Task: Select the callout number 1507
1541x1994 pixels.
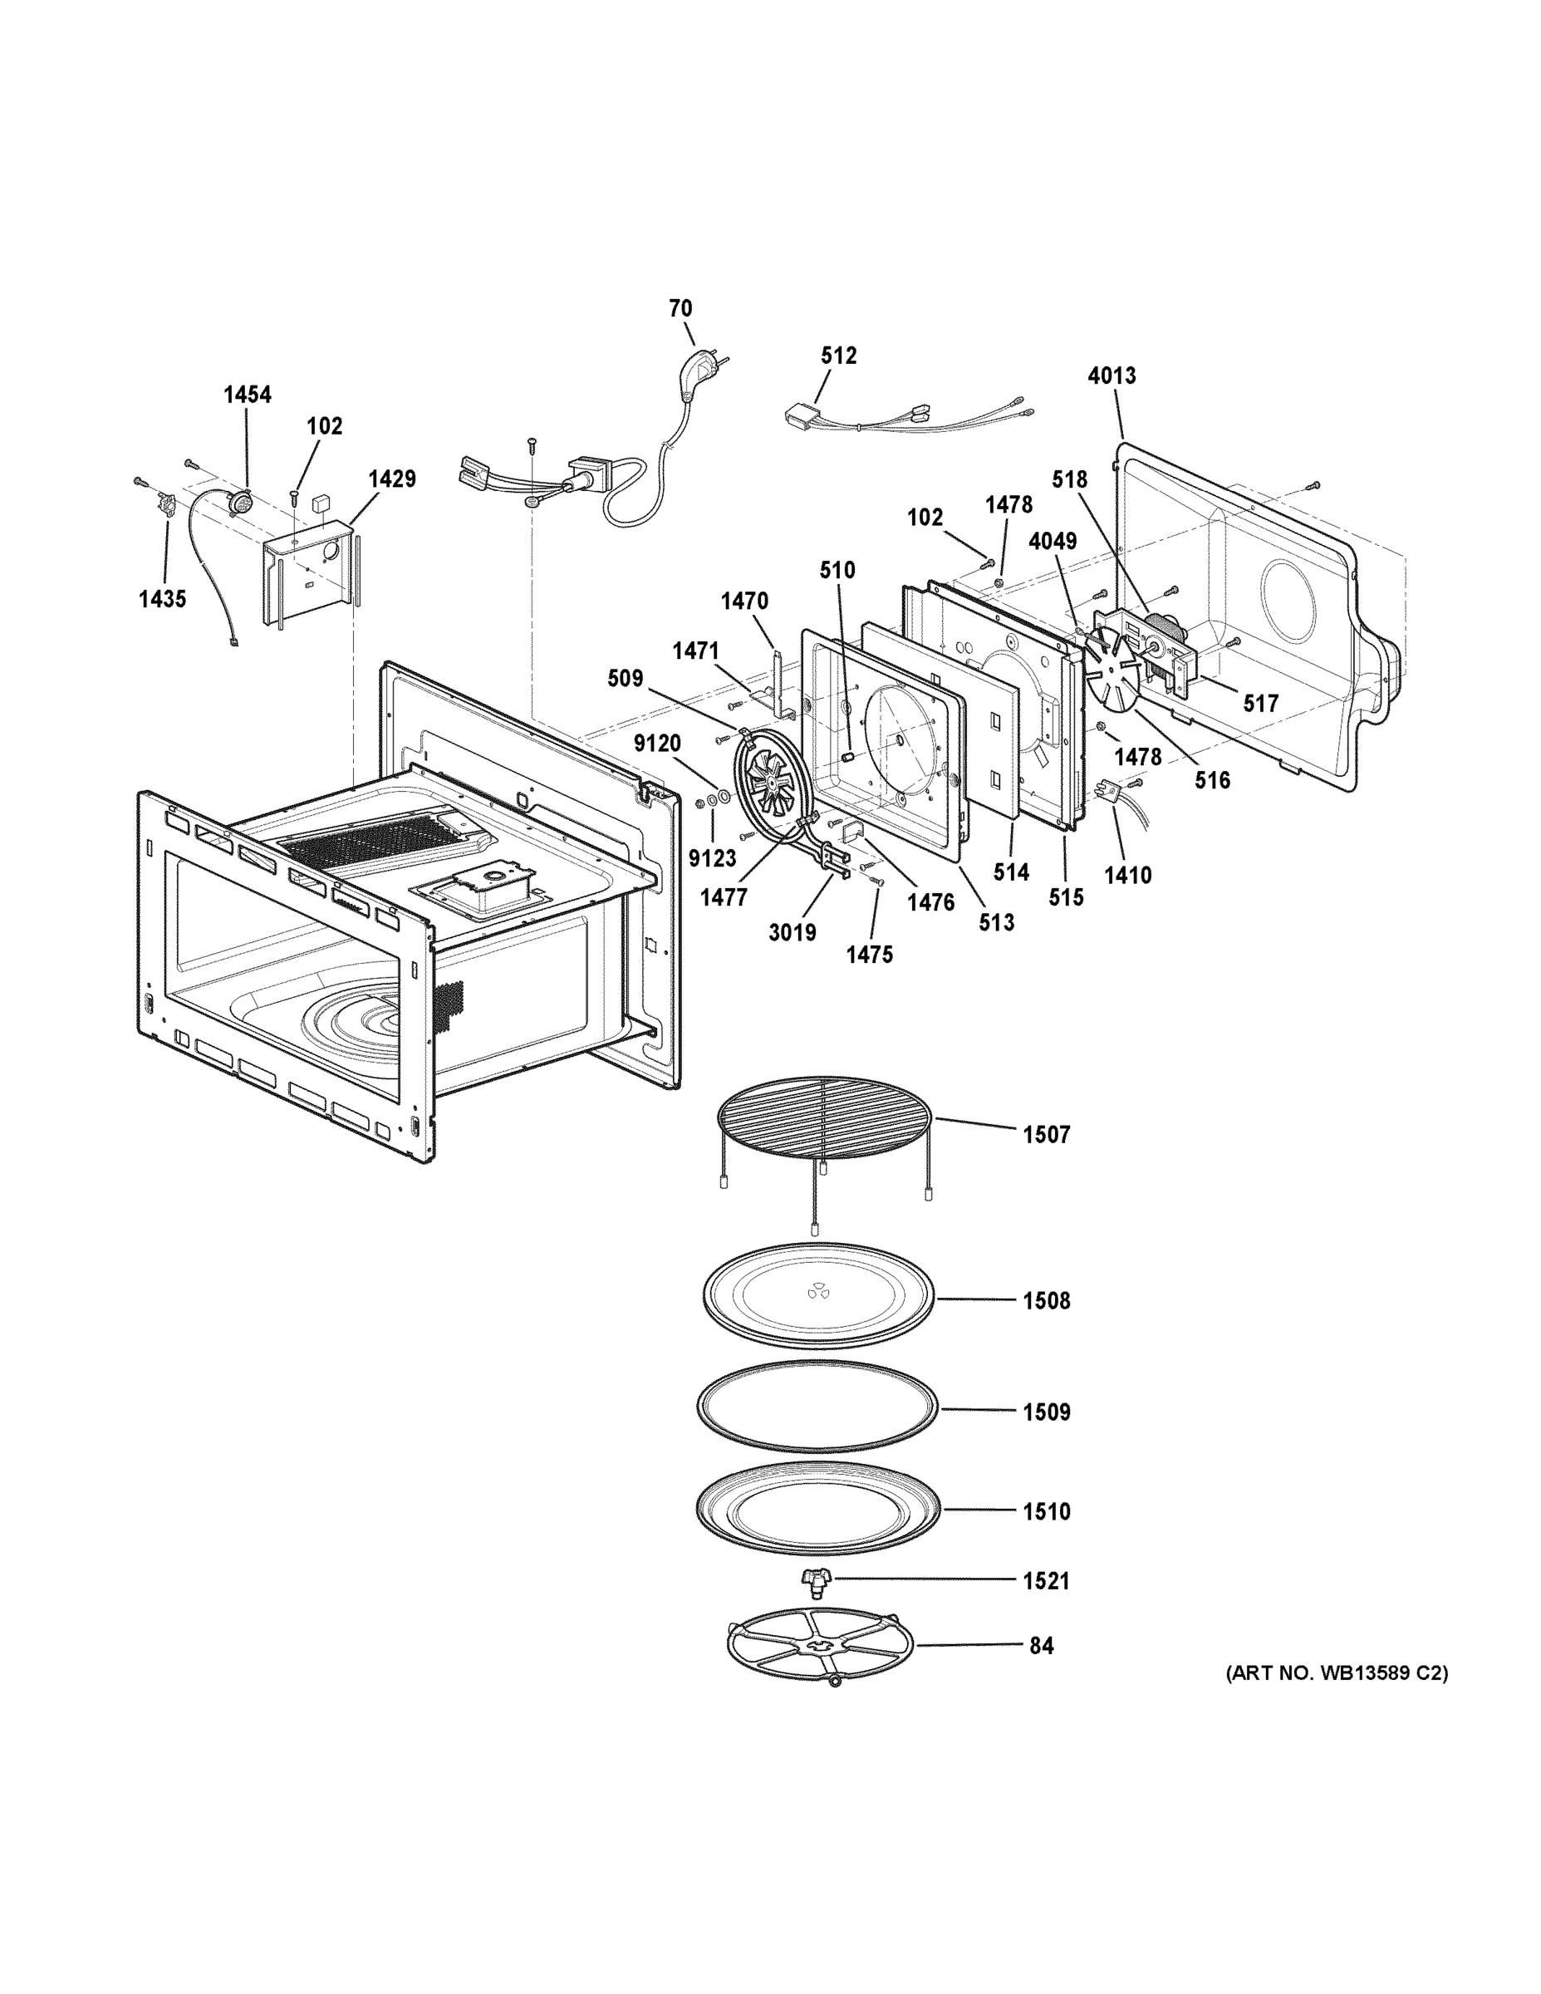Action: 1045,1135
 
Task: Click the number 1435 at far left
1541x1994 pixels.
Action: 163,599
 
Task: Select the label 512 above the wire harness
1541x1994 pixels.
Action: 838,355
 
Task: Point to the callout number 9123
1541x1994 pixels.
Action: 712,858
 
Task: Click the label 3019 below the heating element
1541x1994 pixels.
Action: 792,932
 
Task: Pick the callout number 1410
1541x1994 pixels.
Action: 1127,875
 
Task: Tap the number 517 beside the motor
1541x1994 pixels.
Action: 1260,703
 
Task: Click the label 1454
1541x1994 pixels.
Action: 248,395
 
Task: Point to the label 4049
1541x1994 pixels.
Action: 1053,541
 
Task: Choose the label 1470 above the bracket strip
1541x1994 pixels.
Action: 744,601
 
